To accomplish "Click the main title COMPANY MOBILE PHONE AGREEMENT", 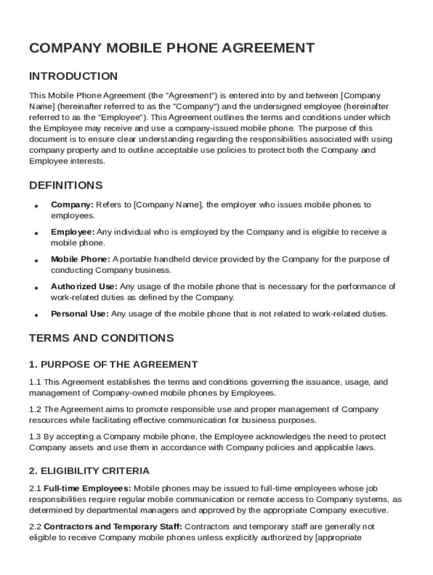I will coord(172,48).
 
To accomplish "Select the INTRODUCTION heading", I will coord(73,76).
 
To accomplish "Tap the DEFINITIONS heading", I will coord(66,185).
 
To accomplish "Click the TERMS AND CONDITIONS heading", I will coord(101,338).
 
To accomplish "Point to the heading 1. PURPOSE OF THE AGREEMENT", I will coord(113,364).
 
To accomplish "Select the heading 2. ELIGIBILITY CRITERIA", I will coord(89,471).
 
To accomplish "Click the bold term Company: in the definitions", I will coord(72,205).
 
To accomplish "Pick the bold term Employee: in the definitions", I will coord(73,232).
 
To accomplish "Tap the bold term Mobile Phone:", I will coord(80,259).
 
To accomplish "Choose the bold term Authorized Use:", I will coord(84,286).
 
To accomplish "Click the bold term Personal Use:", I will coord(80,314).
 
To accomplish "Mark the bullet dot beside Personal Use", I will coord(36,315).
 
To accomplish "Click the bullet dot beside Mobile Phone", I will coord(36,261).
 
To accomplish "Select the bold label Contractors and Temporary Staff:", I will coord(112,527).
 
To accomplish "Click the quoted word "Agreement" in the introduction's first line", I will coord(186,95).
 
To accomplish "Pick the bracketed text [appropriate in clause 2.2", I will coord(339,537).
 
